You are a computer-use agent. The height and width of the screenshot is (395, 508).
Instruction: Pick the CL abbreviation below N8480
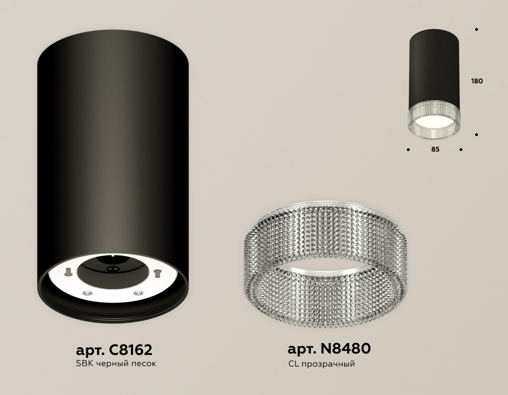[293, 364]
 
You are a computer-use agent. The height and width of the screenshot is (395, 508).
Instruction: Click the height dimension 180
[476, 82]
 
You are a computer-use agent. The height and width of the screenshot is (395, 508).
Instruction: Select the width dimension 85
[435, 150]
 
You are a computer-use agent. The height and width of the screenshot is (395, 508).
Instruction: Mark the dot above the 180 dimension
[476, 30]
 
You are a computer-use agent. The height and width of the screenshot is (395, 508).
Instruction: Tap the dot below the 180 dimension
[476, 135]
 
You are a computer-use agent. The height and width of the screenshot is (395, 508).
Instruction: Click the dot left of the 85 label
[408, 150]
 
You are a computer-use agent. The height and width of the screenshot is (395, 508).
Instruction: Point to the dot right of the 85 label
[461, 150]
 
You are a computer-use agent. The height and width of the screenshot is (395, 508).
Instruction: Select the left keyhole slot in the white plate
[69, 271]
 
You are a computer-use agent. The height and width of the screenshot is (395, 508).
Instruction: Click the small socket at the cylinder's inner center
[111, 269]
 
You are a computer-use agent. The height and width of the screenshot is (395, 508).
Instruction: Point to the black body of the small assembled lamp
[434, 68]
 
